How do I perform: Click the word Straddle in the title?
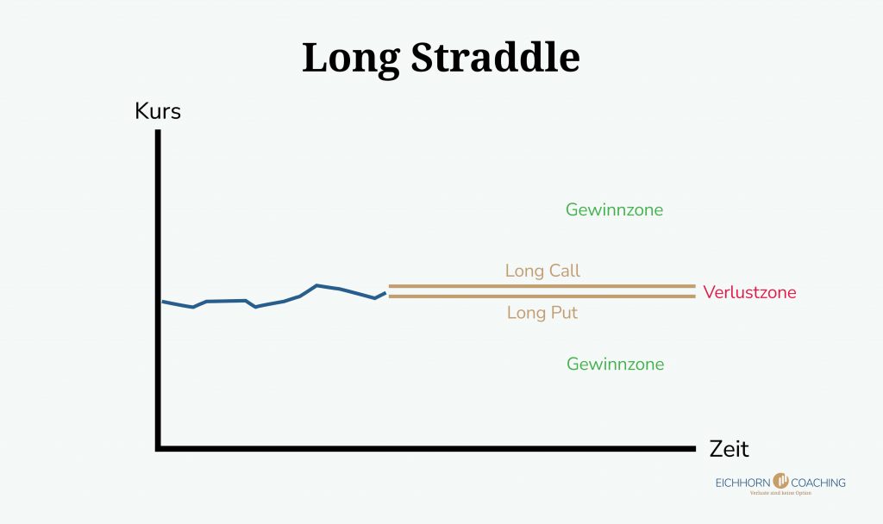tap(493, 57)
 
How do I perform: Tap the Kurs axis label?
tap(158, 112)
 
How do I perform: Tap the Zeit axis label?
tap(730, 449)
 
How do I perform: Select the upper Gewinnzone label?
tap(615, 209)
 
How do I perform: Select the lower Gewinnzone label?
tap(615, 364)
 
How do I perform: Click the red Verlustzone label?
tap(749, 292)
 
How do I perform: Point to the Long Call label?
tap(542, 271)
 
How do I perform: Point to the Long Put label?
tap(542, 313)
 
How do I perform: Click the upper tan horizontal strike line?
tap(542, 286)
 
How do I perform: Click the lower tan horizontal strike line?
tap(542, 296)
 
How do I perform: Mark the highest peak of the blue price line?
tap(317, 285)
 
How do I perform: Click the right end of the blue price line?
tap(385, 293)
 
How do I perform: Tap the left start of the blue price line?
tap(164, 302)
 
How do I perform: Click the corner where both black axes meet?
tap(159, 448)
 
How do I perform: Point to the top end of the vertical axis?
tap(159, 132)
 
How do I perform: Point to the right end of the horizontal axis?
tap(692, 448)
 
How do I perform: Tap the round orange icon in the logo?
tap(781, 481)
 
